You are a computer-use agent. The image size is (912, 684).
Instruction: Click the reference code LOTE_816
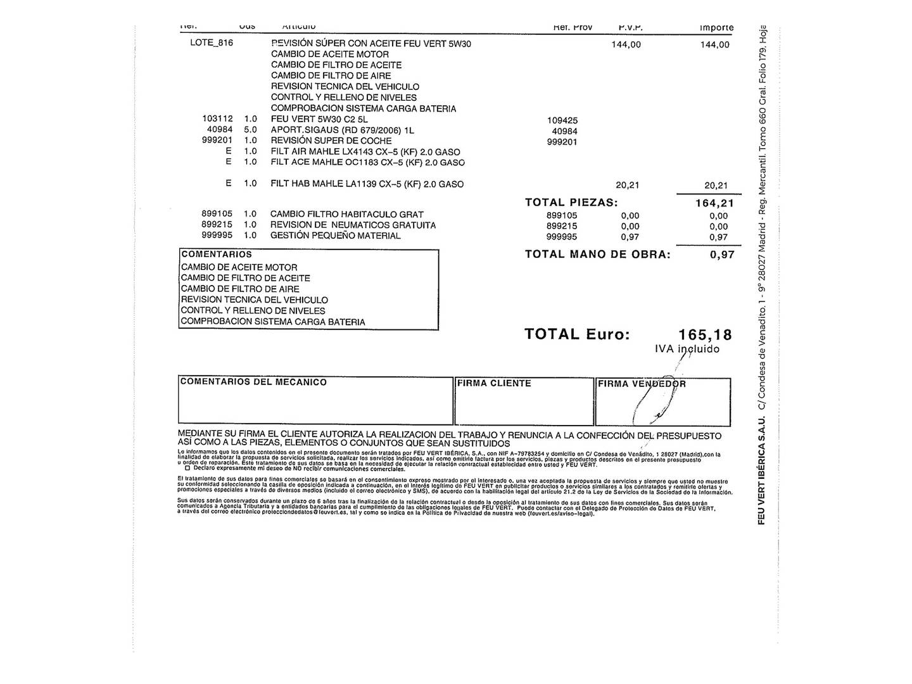(212, 44)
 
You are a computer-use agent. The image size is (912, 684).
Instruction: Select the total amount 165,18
(704, 334)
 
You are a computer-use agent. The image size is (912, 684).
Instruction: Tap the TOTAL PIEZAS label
(571, 203)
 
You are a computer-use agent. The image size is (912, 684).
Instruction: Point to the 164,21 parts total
(715, 203)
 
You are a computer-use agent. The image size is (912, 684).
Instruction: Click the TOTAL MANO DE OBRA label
(597, 255)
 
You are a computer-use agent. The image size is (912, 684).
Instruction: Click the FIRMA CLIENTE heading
(494, 383)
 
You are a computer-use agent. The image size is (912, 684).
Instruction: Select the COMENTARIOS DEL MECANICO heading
(253, 382)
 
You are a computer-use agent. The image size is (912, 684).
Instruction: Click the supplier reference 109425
(562, 120)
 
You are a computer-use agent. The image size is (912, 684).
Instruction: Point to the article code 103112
(217, 118)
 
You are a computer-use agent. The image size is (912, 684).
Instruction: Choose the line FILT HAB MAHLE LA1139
(367, 184)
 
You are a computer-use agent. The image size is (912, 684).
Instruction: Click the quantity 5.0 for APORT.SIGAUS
(250, 129)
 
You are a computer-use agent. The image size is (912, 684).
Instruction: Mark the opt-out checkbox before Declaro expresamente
(187, 468)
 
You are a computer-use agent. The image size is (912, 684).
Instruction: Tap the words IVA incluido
(687, 349)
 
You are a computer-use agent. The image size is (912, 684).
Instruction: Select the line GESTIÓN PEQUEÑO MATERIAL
(335, 236)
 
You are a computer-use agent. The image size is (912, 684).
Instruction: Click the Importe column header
(716, 28)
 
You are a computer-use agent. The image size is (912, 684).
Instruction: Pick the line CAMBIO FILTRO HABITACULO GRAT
(346, 215)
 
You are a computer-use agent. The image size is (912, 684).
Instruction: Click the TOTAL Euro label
(577, 334)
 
